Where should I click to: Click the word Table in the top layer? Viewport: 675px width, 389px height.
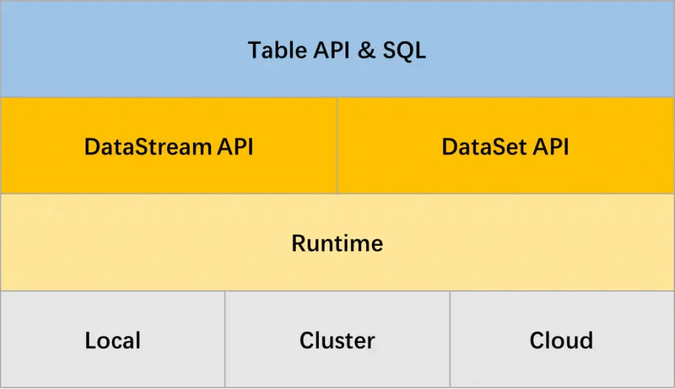tap(277, 50)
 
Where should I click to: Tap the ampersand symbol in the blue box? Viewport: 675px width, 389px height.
tap(366, 50)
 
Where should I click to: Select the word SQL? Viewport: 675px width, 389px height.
tap(404, 51)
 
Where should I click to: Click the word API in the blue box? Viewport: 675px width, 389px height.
tap(332, 50)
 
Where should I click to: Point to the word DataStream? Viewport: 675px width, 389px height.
tap(148, 147)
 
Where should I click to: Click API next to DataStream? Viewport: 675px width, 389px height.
tap(235, 147)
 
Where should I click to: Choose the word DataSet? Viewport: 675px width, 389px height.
tap(484, 147)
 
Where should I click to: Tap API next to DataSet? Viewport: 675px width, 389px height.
tap(551, 147)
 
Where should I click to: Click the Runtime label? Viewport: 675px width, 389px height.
tap(337, 243)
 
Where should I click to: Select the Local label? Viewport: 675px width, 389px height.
tap(113, 340)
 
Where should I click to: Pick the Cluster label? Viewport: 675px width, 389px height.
tap(337, 340)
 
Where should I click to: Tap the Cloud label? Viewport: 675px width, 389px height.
tap(562, 340)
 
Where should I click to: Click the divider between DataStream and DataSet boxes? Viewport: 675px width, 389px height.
tap(337, 145)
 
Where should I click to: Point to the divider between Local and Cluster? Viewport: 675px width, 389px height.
tap(225, 339)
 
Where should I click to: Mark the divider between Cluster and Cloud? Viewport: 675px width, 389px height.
tap(450, 339)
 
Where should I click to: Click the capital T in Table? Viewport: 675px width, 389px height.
tap(255, 50)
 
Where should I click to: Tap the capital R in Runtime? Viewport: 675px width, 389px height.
tap(299, 243)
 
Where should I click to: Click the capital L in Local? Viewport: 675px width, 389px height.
tap(90, 341)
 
